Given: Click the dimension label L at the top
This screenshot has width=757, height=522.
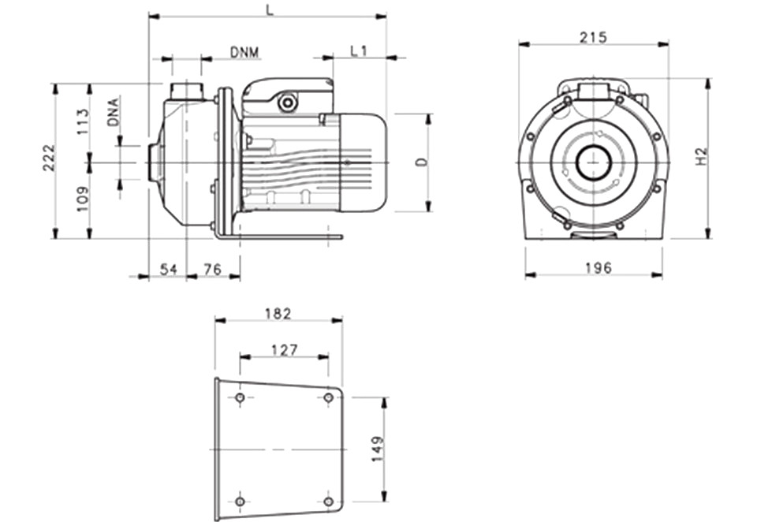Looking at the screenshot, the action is point(270,10).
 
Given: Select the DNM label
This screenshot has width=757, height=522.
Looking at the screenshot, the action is point(244,52).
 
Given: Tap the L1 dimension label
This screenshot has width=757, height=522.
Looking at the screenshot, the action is point(359,50).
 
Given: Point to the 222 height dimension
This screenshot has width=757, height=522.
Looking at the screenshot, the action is point(50,158).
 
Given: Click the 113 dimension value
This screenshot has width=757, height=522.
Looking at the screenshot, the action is point(83,121).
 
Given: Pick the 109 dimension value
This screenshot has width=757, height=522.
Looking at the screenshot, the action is point(83,199).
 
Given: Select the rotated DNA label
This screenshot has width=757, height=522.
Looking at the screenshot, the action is point(113,112).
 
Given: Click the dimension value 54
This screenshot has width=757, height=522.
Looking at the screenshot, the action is point(169,269).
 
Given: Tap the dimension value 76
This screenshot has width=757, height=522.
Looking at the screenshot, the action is point(212,269).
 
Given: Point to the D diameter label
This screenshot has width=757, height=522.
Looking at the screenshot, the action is point(423,162).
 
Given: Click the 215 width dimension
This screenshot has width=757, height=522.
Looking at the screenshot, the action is point(593,37).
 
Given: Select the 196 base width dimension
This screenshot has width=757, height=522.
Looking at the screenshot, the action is point(599,267).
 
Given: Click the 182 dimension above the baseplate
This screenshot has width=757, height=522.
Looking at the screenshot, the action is point(278,314).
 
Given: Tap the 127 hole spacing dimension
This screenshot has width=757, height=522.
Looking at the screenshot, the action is point(285,349).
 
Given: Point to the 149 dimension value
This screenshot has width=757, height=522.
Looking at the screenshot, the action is point(378,449).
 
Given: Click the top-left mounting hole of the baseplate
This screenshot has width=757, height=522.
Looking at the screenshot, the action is point(240,398).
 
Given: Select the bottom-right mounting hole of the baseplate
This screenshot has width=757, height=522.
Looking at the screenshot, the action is point(328,501).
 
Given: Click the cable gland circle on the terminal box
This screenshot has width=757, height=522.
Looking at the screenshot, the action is point(288,103).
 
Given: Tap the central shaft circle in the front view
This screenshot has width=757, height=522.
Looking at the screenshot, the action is point(594,162).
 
